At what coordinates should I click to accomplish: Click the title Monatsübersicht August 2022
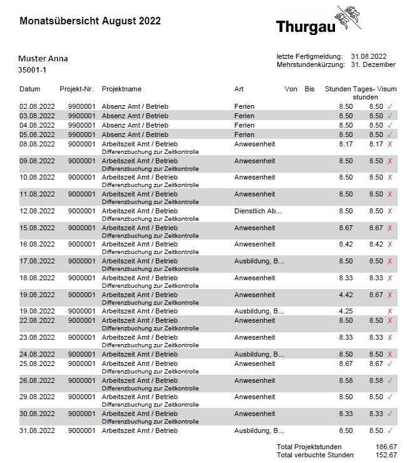[90, 21]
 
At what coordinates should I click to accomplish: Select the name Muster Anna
[43, 59]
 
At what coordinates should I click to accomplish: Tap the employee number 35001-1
[33, 70]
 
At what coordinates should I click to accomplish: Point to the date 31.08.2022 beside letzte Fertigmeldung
[369, 56]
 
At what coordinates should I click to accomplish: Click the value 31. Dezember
[373, 64]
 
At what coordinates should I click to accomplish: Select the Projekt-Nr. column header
[76, 89]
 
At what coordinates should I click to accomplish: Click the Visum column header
[386, 89]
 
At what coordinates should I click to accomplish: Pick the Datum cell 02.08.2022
[37, 106]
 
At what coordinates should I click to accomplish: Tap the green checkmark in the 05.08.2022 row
[389, 135]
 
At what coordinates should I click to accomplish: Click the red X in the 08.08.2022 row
[389, 144]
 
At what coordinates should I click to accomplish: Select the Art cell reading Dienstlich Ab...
[257, 211]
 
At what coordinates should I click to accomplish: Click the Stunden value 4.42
[346, 295]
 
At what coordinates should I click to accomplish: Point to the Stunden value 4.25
[346, 311]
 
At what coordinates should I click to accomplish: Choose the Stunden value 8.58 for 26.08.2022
[346, 380]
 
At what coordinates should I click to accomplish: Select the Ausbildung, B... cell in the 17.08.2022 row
[259, 261]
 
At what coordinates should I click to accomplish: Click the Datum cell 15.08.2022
[37, 228]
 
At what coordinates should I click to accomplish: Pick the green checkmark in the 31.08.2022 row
[389, 430]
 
